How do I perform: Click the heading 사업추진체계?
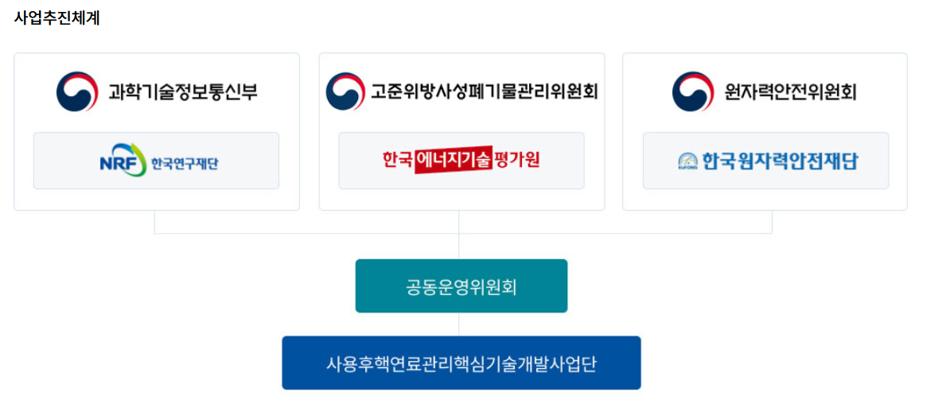(x=56, y=18)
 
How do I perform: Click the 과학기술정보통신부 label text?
(x=182, y=92)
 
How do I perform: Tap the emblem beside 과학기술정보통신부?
(x=77, y=92)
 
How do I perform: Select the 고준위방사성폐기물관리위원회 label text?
(x=484, y=92)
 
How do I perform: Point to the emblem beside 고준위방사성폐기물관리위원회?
(x=345, y=92)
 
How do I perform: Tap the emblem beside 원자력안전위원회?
(x=692, y=92)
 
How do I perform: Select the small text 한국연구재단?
(x=185, y=164)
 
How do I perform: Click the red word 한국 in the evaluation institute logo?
(x=397, y=160)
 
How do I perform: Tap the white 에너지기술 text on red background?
(x=453, y=161)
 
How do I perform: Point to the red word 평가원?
(x=516, y=160)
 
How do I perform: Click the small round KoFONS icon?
(x=687, y=161)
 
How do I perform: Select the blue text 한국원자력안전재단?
(x=780, y=161)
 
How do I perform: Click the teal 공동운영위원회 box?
(x=461, y=286)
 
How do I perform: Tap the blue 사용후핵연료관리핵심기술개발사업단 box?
(x=461, y=363)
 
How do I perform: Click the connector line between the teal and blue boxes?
(x=459, y=324)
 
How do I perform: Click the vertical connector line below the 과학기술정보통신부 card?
(x=154, y=222)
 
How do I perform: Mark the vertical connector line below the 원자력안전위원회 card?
(x=772, y=222)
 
